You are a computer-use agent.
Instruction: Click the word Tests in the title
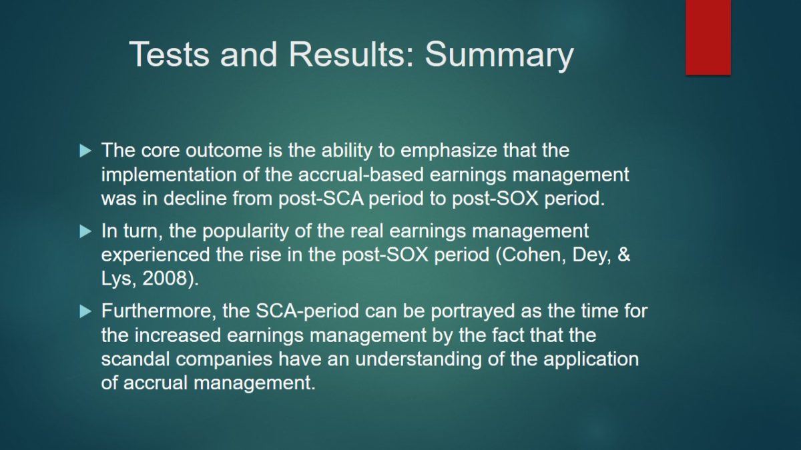pyautogui.click(x=169, y=54)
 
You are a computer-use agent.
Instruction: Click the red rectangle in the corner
pyautogui.click(x=708, y=37)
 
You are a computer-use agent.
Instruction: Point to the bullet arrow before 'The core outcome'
pyautogui.click(x=85, y=151)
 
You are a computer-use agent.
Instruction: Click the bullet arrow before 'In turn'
pyautogui.click(x=85, y=231)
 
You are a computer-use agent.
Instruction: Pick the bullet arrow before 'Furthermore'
pyautogui.click(x=85, y=311)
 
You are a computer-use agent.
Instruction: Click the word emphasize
pyautogui.click(x=449, y=151)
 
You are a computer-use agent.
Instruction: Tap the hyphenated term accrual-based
pyautogui.click(x=361, y=175)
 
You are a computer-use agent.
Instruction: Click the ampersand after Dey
pyautogui.click(x=623, y=255)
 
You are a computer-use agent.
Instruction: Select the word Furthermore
pyautogui.click(x=159, y=311)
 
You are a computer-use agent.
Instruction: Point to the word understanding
pyautogui.click(x=419, y=360)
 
